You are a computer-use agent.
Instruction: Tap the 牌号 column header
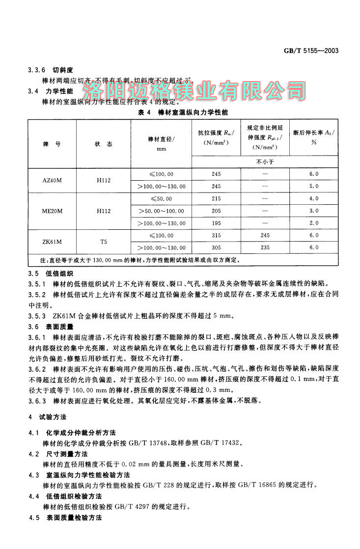[52, 144]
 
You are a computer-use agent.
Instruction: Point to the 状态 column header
[103, 144]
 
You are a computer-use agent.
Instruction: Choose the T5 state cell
[103, 242]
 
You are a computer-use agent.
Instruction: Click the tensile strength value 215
[216, 199]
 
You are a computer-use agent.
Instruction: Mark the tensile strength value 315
[216, 236]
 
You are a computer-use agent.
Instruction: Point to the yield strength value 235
[265, 248]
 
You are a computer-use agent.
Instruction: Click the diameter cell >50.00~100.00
[161, 211]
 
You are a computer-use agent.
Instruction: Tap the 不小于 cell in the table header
[265, 162]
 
